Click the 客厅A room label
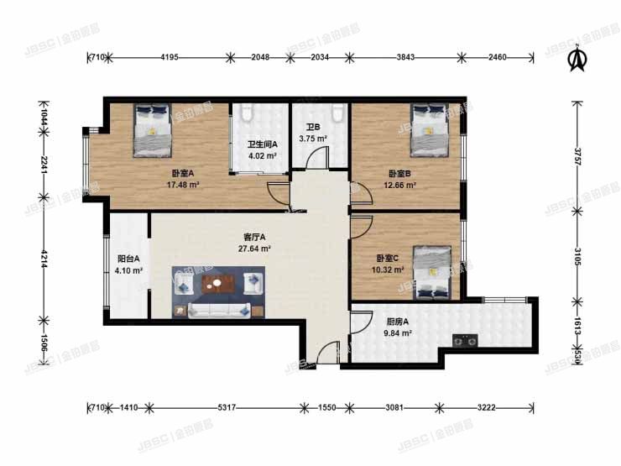(254, 238)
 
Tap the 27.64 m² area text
(254, 249)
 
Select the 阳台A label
(128, 259)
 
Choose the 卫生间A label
(261, 144)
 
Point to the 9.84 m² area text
(394, 332)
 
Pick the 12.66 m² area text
(399, 186)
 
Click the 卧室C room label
(389, 259)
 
